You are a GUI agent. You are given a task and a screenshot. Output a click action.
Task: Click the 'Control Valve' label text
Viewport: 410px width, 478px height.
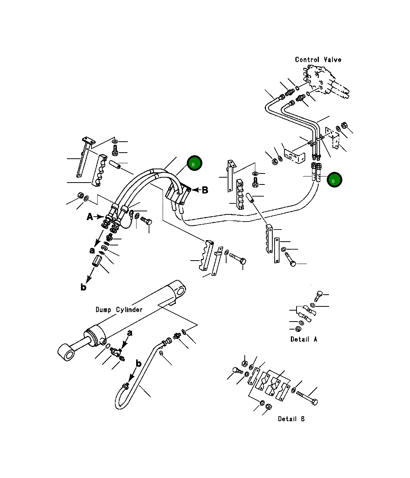(318, 59)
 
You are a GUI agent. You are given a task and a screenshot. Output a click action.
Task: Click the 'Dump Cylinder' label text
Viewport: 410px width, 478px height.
(119, 309)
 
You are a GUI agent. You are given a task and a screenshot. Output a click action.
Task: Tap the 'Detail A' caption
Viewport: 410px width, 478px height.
(304, 339)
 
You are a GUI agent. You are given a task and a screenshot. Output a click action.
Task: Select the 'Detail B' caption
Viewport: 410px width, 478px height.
(291, 419)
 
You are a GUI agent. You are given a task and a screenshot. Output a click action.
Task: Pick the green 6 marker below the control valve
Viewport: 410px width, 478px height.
(334, 180)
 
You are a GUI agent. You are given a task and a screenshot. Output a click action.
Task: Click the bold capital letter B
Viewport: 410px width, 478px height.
(205, 190)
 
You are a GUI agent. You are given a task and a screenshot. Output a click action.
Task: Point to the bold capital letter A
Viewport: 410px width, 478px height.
(90, 217)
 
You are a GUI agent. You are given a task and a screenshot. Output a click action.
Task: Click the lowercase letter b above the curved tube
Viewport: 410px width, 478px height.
(138, 364)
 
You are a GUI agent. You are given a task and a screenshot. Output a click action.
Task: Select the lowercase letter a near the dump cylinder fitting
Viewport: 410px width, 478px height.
(130, 333)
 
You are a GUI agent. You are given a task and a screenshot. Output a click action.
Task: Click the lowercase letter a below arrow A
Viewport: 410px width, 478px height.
(92, 250)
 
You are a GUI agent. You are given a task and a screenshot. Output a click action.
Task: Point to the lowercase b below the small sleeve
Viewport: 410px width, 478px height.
(83, 287)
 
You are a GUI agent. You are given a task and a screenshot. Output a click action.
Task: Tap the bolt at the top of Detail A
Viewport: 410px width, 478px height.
(319, 294)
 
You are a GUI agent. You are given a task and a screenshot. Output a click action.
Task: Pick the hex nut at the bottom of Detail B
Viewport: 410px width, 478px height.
(268, 407)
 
